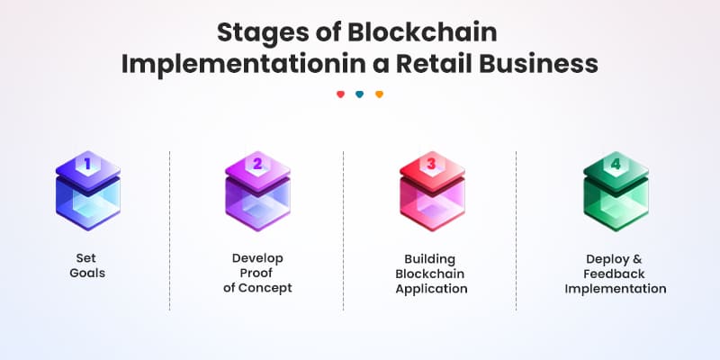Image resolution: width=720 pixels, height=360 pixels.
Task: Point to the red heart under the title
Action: (x=340, y=94)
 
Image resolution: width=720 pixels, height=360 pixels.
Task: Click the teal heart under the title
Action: (x=360, y=94)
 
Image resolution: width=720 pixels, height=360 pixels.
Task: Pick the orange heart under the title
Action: (x=379, y=94)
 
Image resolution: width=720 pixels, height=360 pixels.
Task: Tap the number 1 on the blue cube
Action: (x=88, y=164)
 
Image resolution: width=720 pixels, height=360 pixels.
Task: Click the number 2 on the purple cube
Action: (x=257, y=164)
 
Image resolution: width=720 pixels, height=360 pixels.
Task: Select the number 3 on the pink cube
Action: (x=431, y=164)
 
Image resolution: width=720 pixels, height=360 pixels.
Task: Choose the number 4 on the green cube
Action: (x=616, y=165)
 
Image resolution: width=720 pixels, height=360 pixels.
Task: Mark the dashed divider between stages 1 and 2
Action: (x=170, y=229)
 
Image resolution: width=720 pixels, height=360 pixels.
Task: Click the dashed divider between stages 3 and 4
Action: (x=516, y=229)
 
